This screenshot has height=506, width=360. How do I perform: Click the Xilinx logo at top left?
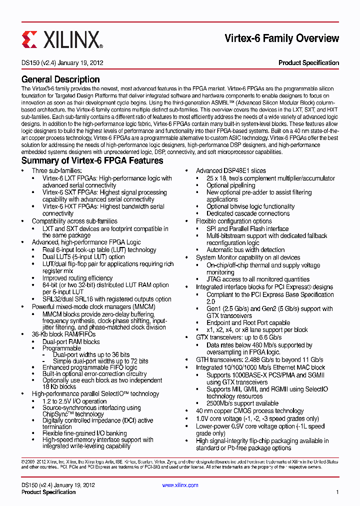pyautogui.click(x=62, y=39)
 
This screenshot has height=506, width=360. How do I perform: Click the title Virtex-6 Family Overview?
pyautogui.click(x=281, y=38)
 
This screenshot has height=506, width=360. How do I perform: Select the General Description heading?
pyautogui.click(x=60, y=79)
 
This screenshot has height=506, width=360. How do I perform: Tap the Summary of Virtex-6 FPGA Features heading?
pyautogui.click(x=92, y=160)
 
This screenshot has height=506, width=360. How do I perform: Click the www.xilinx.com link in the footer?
pyautogui.click(x=180, y=485)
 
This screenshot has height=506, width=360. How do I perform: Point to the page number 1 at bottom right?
pyautogui.click(x=337, y=492)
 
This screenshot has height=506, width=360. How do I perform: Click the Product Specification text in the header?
pyautogui.click(x=308, y=63)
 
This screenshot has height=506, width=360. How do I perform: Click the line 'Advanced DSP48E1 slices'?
pyautogui.click(x=230, y=171)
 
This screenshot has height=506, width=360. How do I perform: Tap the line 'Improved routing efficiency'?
pyautogui.click(x=77, y=278)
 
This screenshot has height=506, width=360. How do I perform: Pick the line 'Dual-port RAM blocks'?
pyautogui.click(x=71, y=342)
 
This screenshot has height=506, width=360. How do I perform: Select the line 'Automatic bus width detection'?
pyautogui.click(x=245, y=250)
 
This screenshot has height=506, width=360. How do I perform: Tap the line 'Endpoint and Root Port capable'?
pyautogui.click(x=248, y=323)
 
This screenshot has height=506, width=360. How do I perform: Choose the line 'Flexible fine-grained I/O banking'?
pyautogui.click(x=84, y=433)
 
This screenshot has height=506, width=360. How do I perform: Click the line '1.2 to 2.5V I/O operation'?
pyautogui.click(x=74, y=401)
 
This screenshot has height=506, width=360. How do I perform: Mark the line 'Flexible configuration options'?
pyautogui.click(x=233, y=221)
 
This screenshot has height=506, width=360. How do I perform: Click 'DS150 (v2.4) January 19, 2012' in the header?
pyautogui.click(x=62, y=63)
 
